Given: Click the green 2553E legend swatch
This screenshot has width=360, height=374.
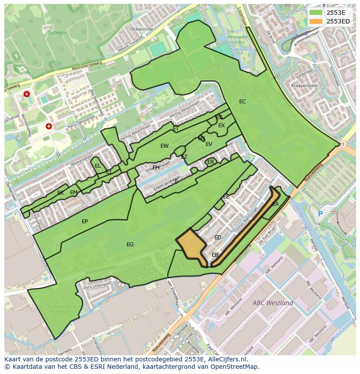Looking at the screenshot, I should point(317,13).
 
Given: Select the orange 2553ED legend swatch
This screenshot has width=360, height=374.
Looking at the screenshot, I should point(317,21).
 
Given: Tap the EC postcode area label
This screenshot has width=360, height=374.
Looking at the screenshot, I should point(243,102).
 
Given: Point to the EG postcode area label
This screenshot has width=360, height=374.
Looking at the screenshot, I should point(130,245).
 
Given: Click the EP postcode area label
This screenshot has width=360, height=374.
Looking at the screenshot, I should point(85,222).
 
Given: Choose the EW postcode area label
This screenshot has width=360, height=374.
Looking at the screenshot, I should point(164,146).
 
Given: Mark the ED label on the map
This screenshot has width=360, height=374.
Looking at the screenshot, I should point(218,238).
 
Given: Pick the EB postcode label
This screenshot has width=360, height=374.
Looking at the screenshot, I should point(215,255).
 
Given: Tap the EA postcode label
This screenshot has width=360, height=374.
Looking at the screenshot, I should point(275,204).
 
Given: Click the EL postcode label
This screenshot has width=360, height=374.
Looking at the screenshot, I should point(98,166).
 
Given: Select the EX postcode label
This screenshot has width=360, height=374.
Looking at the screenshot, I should point(222,126).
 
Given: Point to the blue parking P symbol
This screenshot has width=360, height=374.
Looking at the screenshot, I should point(320,214).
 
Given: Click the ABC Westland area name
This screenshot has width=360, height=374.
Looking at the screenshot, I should point(273,303).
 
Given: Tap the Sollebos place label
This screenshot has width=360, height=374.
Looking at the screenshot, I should point(57,33).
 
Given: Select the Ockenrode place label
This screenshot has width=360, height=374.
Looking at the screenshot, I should point(142,29).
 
